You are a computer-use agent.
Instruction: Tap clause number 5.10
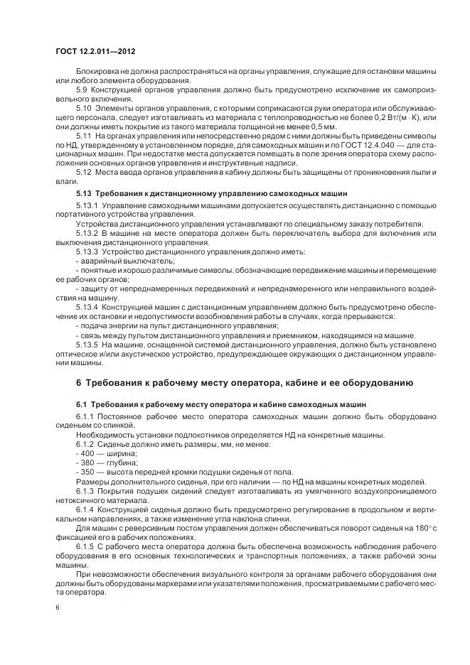(85, 107)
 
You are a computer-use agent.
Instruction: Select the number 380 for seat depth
(87, 462)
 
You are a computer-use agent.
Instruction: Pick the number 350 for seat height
(87, 471)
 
